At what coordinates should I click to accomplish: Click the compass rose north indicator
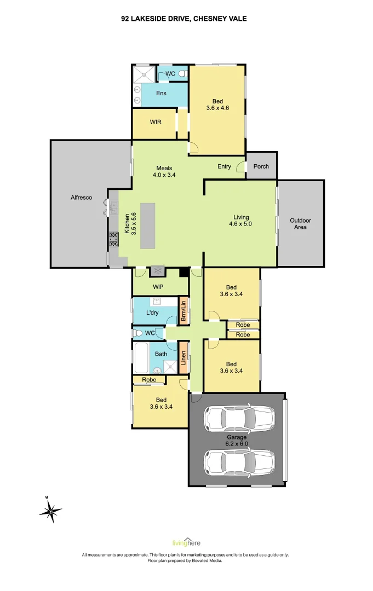pos(50,512)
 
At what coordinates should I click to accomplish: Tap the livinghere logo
pos(186,542)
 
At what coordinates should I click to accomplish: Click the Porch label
pos(261,166)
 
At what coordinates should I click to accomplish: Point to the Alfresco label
pos(81,198)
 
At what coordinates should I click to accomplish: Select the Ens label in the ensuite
pos(161,94)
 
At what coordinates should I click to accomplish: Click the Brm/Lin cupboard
pos(184,311)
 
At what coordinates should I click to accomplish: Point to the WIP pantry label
pos(158,287)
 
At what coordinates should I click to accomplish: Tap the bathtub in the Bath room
pos(142,356)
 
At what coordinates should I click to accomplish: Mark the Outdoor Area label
pos(300,224)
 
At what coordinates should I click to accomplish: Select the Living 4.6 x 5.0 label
pos(240,220)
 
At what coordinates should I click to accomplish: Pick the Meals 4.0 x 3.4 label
pos(164,172)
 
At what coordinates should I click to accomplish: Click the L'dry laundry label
pos(152,313)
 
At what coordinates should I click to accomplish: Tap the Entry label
pos(224,167)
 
